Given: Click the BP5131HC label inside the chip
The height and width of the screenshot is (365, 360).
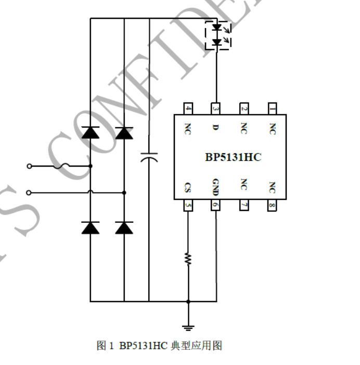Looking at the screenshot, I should [233, 157].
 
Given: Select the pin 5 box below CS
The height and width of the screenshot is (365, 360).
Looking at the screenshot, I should [188, 205].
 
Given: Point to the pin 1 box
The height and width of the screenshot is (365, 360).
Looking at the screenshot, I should [272, 108].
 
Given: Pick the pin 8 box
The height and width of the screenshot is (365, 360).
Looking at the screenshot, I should [272, 205].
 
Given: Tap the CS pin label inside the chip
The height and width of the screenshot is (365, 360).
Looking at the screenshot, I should [188, 186].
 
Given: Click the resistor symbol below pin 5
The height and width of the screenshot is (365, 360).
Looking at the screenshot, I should [188, 258].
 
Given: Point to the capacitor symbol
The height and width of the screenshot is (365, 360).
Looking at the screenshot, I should [149, 157].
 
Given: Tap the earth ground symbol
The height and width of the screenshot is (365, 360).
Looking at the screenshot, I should [188, 328].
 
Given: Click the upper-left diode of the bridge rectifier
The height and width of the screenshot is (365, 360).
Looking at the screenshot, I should [91, 133].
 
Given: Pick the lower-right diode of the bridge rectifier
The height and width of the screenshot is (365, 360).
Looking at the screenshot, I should [124, 228].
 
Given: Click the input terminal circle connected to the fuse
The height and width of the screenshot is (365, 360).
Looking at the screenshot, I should [29, 166].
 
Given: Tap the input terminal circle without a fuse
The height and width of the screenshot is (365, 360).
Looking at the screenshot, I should [29, 192].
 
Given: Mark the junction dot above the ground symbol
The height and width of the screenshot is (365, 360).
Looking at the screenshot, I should [188, 301].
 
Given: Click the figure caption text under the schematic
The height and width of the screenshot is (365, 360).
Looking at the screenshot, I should [159, 345].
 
